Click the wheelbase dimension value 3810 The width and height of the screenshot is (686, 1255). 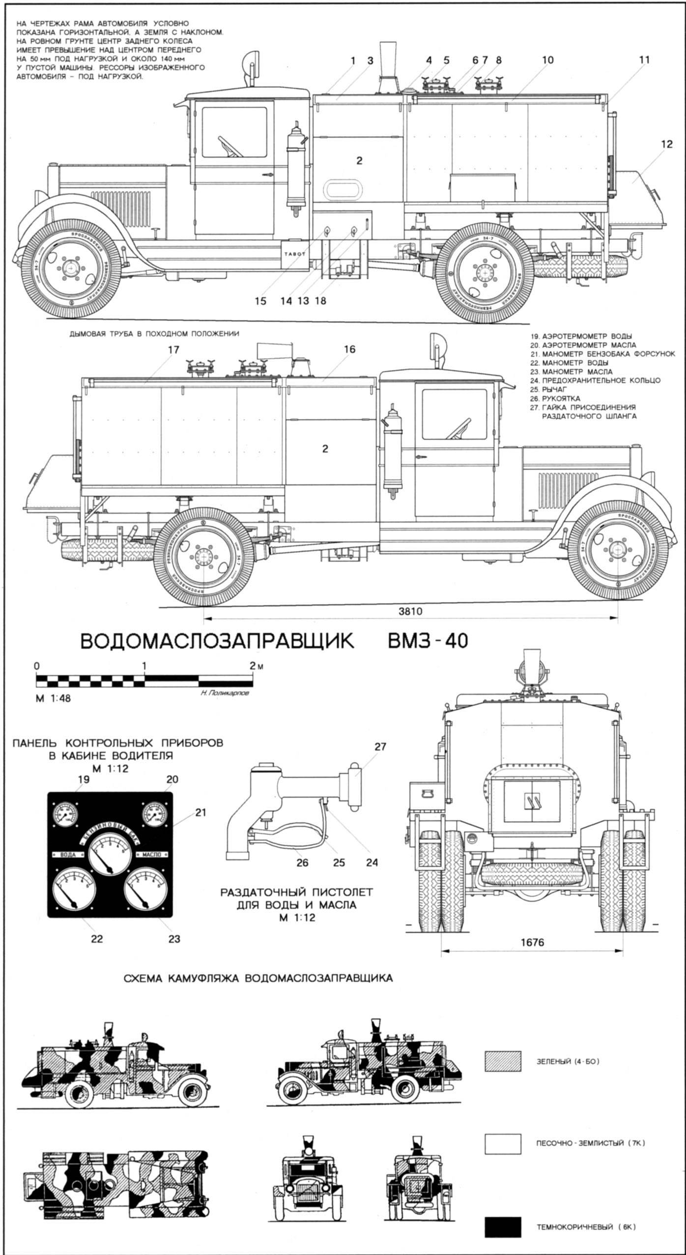coord(410,612)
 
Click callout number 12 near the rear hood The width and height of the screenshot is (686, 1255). coord(666,144)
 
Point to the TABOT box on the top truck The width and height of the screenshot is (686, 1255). coord(294,254)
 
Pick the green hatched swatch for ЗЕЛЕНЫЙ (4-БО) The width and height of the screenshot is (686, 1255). coord(503,1075)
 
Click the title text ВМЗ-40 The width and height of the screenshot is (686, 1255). coord(428,641)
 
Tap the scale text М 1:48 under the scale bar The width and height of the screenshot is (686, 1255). coord(53,698)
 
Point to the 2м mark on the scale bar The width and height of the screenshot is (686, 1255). coord(256,666)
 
